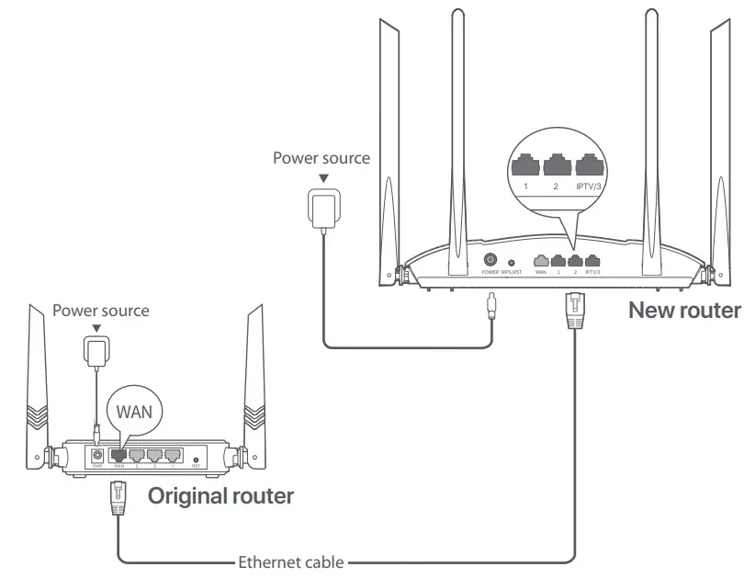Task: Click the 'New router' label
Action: (683, 310)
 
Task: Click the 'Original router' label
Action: (220, 496)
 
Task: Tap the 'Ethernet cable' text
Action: (290, 561)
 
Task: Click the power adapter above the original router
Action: (96, 350)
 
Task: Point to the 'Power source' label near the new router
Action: (321, 158)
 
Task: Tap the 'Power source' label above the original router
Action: (100, 311)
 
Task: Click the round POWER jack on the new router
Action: (490, 260)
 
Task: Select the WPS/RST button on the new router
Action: (511, 263)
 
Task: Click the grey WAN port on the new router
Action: (541, 261)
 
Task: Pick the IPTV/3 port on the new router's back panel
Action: (592, 261)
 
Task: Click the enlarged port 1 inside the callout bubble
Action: (526, 165)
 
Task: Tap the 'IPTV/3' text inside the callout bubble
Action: (589, 187)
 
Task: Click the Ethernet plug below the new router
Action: (574, 309)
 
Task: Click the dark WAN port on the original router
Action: (118, 454)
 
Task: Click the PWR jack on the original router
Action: (96, 455)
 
